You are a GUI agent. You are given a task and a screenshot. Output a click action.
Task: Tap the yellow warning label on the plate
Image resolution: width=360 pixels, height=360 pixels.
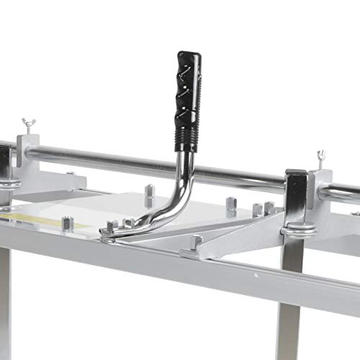(43, 218)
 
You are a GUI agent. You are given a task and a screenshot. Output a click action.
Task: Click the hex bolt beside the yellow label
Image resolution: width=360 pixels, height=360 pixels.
(67, 222)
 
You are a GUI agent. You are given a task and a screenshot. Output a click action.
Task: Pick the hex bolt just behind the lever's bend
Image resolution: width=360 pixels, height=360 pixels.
(149, 193)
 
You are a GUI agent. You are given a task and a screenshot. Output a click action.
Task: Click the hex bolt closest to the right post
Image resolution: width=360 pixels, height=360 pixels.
(269, 208)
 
